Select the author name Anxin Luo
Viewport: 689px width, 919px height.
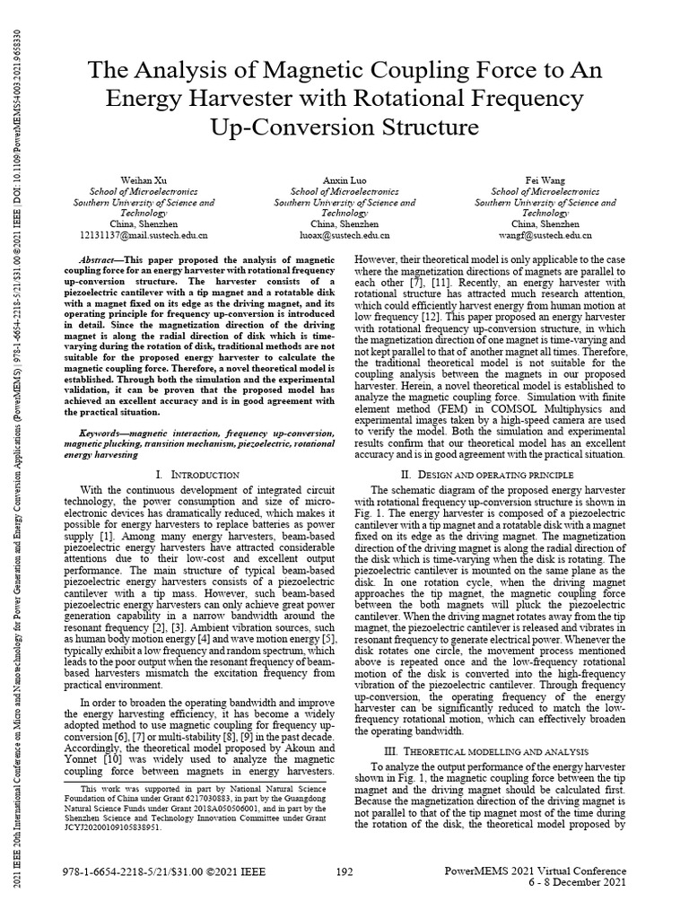click(344, 180)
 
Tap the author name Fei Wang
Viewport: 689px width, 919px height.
click(545, 180)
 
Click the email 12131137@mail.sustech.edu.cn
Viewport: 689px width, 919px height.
click(144, 235)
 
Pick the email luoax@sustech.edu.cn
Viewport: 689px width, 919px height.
click(344, 235)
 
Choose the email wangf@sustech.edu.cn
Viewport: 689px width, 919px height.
click(545, 235)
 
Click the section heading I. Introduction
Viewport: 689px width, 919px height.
click(197, 474)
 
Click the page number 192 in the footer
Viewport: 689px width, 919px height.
click(344, 871)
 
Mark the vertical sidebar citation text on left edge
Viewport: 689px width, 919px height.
click(13, 449)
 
